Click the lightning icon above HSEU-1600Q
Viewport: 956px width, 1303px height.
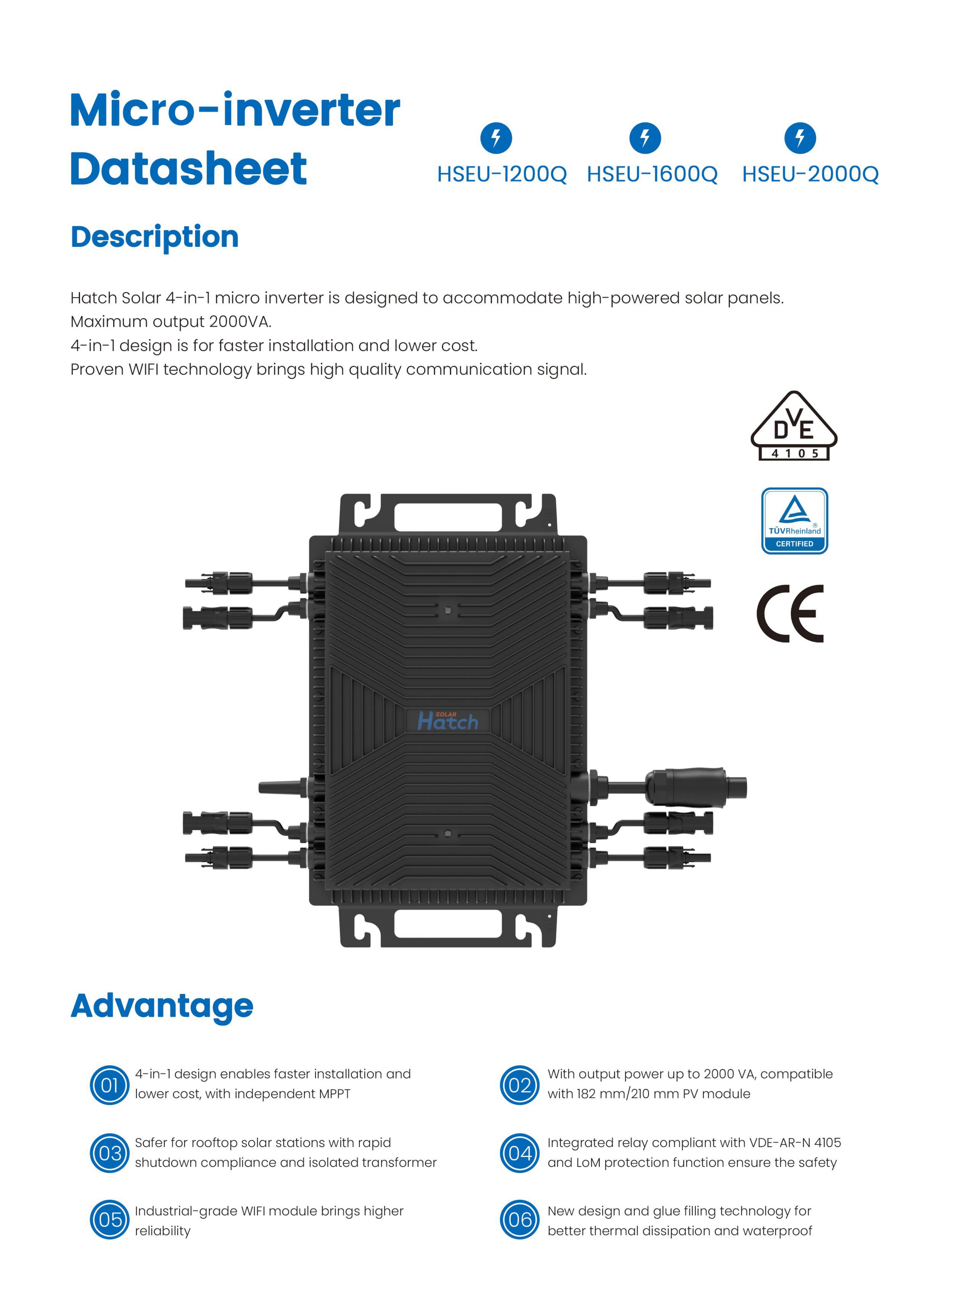click(645, 138)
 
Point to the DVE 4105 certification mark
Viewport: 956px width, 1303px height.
click(794, 427)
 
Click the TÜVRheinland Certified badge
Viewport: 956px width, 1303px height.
click(794, 521)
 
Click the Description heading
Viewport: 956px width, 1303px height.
click(155, 237)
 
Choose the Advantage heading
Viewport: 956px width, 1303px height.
click(162, 1006)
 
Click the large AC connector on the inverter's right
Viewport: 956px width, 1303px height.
click(694, 787)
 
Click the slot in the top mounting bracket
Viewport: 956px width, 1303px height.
click(448, 517)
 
